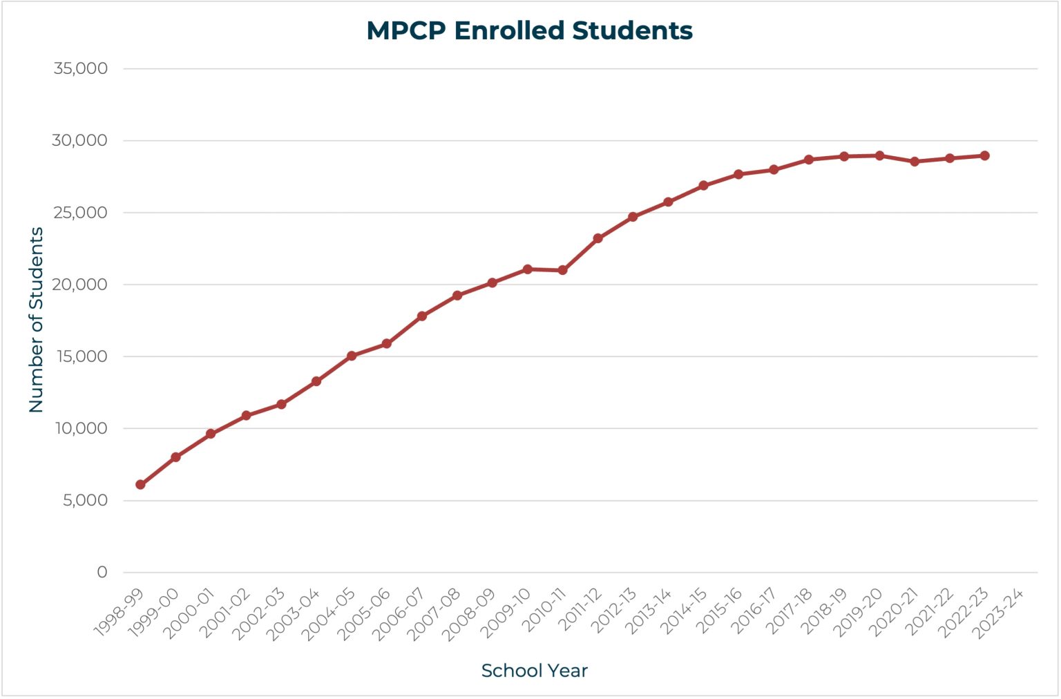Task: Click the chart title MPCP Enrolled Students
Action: [529, 31]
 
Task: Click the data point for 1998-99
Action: [140, 485]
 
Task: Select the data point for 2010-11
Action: [562, 270]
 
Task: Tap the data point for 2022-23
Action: [984, 156]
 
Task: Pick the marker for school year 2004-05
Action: [352, 356]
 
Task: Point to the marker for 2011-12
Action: [598, 238]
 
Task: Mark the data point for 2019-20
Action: [879, 156]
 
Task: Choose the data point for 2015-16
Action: [738, 174]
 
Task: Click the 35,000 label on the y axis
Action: [81, 68]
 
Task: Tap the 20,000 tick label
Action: [81, 285]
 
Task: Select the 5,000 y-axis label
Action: [85, 500]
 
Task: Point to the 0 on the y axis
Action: [102, 572]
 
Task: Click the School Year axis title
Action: [534, 671]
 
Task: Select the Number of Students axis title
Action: [36, 320]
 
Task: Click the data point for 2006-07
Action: [422, 316]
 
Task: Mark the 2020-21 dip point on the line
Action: [915, 162]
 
